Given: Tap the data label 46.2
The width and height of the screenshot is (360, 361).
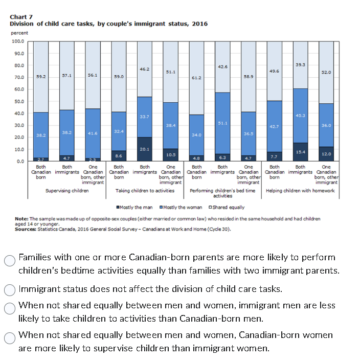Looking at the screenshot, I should click(x=145, y=68).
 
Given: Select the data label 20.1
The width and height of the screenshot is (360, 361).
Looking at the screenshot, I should click(x=145, y=149).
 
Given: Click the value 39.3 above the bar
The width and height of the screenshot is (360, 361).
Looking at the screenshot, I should click(x=301, y=64).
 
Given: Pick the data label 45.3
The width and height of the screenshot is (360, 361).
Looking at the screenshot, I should click(x=301, y=116).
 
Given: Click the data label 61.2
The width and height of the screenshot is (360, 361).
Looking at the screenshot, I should click(x=196, y=77).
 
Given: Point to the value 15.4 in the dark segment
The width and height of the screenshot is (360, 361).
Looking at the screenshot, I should click(x=301, y=152).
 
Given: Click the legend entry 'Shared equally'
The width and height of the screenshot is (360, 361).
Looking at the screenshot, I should click(x=226, y=207).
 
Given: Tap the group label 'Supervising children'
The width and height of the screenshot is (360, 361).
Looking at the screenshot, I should click(x=67, y=191).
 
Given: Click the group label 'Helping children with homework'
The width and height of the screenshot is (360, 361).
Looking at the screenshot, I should click(x=300, y=191).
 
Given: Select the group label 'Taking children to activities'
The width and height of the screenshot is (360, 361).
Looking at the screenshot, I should click(x=145, y=191).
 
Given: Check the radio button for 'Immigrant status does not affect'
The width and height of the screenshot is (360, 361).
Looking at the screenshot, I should click(x=10, y=289).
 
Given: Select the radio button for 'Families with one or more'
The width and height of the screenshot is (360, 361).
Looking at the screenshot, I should click(x=10, y=260).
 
